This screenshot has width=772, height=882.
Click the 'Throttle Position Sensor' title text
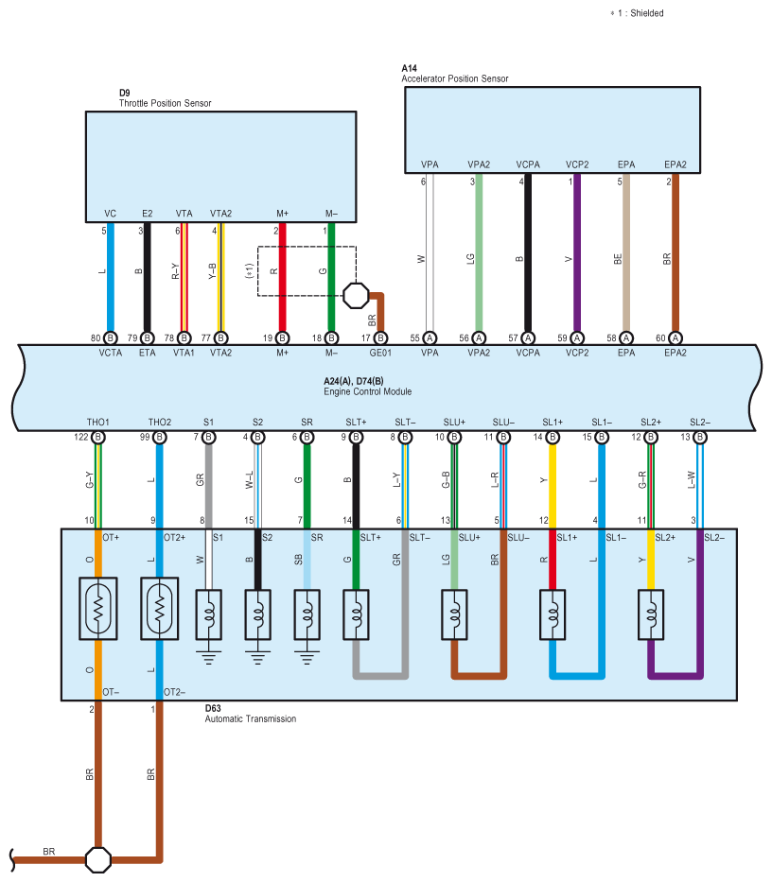165,103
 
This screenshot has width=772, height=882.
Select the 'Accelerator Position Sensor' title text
455,78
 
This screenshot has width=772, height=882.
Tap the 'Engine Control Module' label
368,391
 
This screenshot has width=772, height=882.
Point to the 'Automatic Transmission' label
251,718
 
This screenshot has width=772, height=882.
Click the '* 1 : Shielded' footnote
637,13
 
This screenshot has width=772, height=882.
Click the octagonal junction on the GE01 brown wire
356,295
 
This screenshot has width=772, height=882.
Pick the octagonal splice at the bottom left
98,860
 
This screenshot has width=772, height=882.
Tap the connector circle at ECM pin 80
111,338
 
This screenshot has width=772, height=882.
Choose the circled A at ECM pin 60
675,338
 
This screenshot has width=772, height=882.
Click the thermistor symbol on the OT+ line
98,609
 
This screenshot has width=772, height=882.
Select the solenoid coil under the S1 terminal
208,614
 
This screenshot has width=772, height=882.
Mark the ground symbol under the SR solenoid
307,657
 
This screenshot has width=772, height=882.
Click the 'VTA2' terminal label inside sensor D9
220,214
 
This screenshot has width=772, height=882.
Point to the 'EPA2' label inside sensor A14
675,164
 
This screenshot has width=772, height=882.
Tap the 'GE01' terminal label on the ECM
380,353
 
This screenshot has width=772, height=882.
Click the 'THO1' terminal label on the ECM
98,422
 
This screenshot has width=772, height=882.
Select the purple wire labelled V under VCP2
577,252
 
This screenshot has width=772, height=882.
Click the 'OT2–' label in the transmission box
175,692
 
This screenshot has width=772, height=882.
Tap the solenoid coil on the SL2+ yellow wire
651,614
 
